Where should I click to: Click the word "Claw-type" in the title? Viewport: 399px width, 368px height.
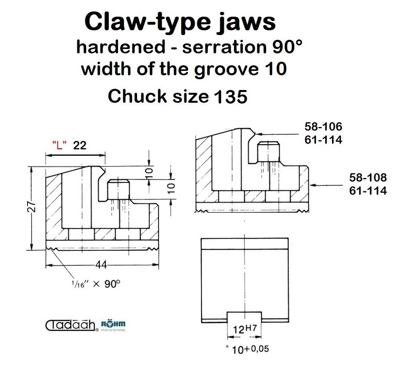click(148, 22)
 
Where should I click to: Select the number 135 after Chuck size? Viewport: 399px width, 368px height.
click(231, 97)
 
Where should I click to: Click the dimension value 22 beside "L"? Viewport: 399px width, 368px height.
click(80, 145)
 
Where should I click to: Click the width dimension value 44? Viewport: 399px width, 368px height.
click(101, 265)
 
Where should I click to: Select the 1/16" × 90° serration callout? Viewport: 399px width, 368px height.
click(95, 284)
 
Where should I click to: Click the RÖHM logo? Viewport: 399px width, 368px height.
click(113, 325)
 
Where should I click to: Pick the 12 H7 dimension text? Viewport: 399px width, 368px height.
click(245, 329)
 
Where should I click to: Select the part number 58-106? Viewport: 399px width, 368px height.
click(324, 127)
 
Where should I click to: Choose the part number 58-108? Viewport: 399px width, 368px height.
click(368, 178)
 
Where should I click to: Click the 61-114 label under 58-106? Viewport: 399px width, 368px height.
click(324, 140)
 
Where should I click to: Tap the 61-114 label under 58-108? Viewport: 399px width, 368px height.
click(368, 190)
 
